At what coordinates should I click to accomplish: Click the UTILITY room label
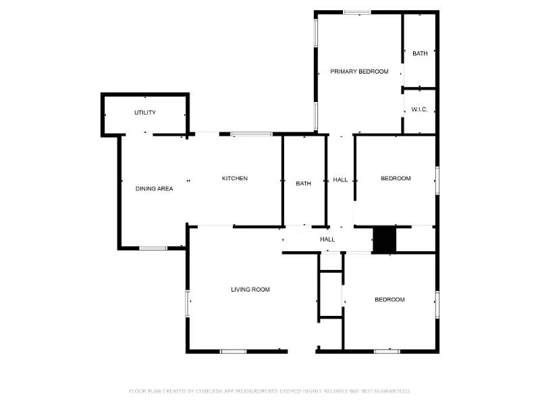(144, 113)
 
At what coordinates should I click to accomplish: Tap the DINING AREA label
(154, 189)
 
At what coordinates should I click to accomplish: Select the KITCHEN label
(235, 179)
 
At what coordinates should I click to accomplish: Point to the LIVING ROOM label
(250, 290)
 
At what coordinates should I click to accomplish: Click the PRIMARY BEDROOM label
(359, 72)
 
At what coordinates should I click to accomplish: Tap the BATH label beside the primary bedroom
(420, 53)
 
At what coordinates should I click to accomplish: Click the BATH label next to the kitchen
(303, 184)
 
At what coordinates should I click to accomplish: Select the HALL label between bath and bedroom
(340, 180)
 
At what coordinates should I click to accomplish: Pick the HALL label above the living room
(327, 240)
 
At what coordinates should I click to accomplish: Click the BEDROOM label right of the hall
(396, 179)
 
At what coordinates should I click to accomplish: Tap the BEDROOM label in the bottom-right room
(389, 300)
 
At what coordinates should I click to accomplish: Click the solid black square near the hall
(384, 240)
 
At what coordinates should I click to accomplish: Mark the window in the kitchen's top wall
(252, 134)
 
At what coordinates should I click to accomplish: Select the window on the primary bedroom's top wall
(356, 12)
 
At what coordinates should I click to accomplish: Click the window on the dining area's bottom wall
(153, 248)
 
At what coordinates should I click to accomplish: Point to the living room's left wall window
(188, 302)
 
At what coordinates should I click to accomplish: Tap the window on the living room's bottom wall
(234, 351)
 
